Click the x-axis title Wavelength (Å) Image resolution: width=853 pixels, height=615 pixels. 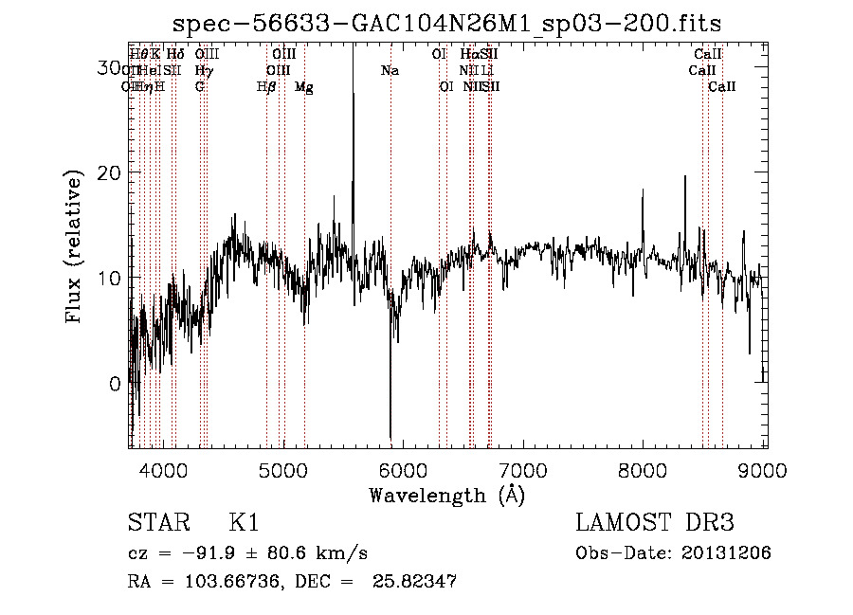pyautogui.click(x=446, y=495)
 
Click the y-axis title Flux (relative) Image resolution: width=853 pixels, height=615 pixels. pyautogui.click(x=74, y=249)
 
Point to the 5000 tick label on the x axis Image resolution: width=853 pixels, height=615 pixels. pyautogui.click(x=283, y=469)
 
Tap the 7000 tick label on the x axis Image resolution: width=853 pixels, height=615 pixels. pyautogui.click(x=523, y=469)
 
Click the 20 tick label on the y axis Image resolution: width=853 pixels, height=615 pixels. pyautogui.click(x=110, y=172)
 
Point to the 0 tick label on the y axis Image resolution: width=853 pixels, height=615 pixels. pyautogui.click(x=115, y=384)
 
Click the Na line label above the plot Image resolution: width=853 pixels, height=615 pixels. pyautogui.click(x=390, y=71)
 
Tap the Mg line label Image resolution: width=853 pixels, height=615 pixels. pyautogui.click(x=304, y=87)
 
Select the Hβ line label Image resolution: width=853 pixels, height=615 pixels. pyautogui.click(x=266, y=87)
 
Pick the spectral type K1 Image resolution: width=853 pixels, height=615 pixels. pyautogui.click(x=244, y=523)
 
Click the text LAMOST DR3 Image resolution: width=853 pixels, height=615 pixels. pyautogui.click(x=654, y=523)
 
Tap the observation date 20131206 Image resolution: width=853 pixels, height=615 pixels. pyautogui.click(x=729, y=553)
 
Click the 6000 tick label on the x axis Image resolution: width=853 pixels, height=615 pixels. pyautogui.click(x=404, y=469)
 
